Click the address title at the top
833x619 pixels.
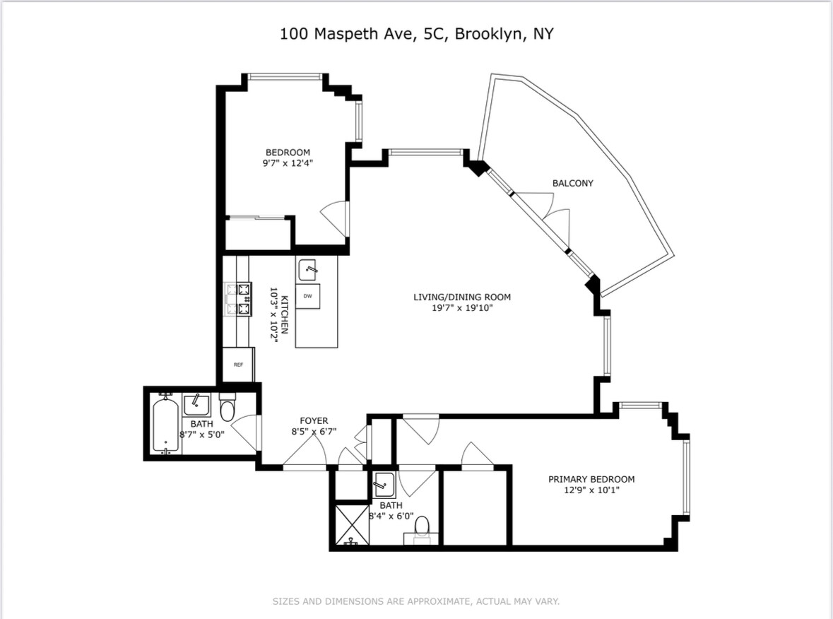point(417,34)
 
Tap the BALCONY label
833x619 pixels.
point(573,183)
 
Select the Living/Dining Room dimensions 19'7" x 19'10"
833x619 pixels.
point(462,307)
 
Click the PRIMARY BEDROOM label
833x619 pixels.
point(591,479)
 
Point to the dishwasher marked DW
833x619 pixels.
point(307,296)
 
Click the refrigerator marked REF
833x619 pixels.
point(238,365)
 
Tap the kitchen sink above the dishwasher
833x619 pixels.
point(307,271)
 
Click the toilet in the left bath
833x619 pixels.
point(228,408)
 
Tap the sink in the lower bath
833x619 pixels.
point(384,485)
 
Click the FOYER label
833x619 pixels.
point(314,421)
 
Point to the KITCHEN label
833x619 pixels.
point(285,314)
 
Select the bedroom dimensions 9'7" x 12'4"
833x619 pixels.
point(288,163)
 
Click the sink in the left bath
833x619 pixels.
point(196,405)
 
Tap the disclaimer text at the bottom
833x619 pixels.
point(416,601)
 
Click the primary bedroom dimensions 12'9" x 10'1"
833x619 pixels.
point(591,490)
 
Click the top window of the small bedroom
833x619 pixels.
point(285,77)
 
